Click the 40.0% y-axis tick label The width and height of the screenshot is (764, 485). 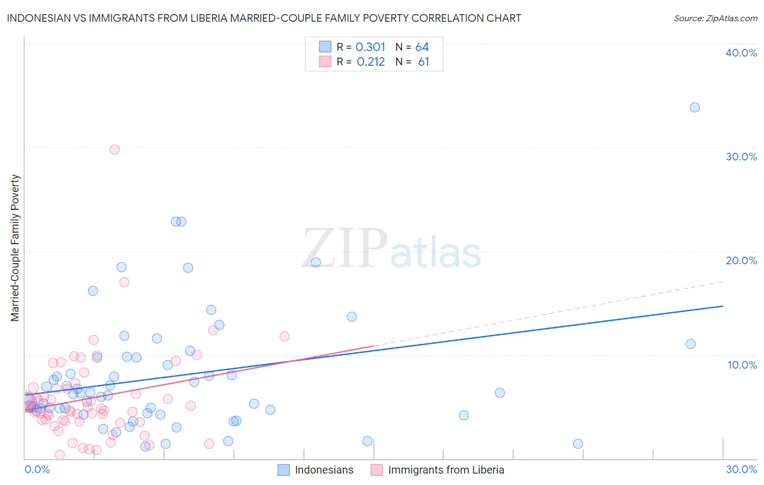pyautogui.click(x=741, y=53)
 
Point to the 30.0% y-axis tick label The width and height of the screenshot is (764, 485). pyautogui.click(x=741, y=157)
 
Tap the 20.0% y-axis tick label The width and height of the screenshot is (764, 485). pyautogui.click(x=741, y=260)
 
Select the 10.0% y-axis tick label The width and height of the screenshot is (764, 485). pyautogui.click(x=742, y=365)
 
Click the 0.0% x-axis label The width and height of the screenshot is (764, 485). pyautogui.click(x=37, y=469)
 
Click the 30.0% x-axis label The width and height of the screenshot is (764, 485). pyautogui.click(x=741, y=469)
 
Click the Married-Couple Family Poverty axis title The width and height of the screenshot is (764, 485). pyautogui.click(x=15, y=248)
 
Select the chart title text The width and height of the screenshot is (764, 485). pyautogui.click(x=264, y=18)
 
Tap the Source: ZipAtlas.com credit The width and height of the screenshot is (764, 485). pyautogui.click(x=715, y=18)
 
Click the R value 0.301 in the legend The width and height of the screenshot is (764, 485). pyautogui.click(x=371, y=47)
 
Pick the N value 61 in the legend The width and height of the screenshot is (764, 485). pyautogui.click(x=423, y=62)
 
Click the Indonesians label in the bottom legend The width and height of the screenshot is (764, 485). pyautogui.click(x=324, y=470)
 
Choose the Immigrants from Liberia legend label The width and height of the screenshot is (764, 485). pyautogui.click(x=446, y=470)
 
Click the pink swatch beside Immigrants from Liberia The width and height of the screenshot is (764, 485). pyautogui.click(x=377, y=470)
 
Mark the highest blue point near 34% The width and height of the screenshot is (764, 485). pyautogui.click(x=694, y=108)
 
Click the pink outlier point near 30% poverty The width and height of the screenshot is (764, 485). pyautogui.click(x=115, y=150)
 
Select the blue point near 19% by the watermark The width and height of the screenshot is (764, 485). pyautogui.click(x=316, y=262)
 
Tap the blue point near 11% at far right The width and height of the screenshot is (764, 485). pyautogui.click(x=691, y=344)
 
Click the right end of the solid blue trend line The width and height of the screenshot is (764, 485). pyautogui.click(x=723, y=306)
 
